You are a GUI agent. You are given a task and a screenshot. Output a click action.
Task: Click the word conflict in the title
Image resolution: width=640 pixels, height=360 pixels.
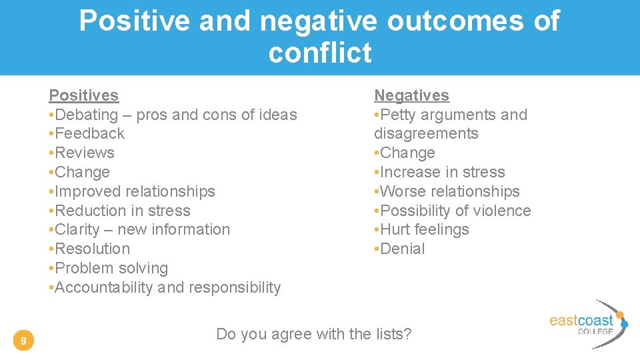click(x=320, y=53)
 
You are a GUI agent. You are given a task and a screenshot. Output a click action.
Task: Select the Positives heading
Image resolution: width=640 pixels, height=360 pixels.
click(x=84, y=96)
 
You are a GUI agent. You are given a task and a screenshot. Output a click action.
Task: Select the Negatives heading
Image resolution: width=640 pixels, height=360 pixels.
click(x=411, y=96)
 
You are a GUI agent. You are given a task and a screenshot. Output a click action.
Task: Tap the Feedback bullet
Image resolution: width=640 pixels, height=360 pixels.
click(x=87, y=133)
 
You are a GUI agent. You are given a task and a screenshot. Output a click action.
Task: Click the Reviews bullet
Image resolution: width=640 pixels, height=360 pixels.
click(x=83, y=153)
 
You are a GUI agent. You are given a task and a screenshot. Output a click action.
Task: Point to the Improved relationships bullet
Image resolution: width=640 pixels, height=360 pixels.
click(x=133, y=191)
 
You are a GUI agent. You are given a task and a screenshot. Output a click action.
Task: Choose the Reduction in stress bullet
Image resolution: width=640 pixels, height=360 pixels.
click(x=120, y=211)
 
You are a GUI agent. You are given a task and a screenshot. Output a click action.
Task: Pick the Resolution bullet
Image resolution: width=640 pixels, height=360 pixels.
click(x=90, y=249)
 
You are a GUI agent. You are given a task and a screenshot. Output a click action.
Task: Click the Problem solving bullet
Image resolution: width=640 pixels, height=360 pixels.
click(x=109, y=268)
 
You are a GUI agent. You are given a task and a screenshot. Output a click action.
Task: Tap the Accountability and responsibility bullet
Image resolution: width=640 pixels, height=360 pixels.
click(x=165, y=287)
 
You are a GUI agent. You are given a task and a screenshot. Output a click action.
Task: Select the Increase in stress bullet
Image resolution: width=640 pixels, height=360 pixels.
click(x=440, y=172)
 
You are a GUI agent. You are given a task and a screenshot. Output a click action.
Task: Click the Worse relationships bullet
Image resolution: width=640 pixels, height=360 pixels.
click(x=447, y=191)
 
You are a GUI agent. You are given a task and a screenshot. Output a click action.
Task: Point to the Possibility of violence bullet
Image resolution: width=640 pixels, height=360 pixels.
click(x=453, y=211)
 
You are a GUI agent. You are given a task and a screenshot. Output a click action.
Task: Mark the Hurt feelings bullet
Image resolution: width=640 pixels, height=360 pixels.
click(x=422, y=229)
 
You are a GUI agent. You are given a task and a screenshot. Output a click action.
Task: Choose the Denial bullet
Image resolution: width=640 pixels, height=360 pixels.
click(x=400, y=249)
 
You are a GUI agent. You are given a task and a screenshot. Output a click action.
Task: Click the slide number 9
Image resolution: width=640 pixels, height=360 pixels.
click(x=23, y=342)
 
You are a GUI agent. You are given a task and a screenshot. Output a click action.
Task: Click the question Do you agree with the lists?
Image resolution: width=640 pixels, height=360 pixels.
click(x=314, y=334)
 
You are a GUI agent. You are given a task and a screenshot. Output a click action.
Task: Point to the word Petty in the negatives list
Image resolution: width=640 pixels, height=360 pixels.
click(x=400, y=115)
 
